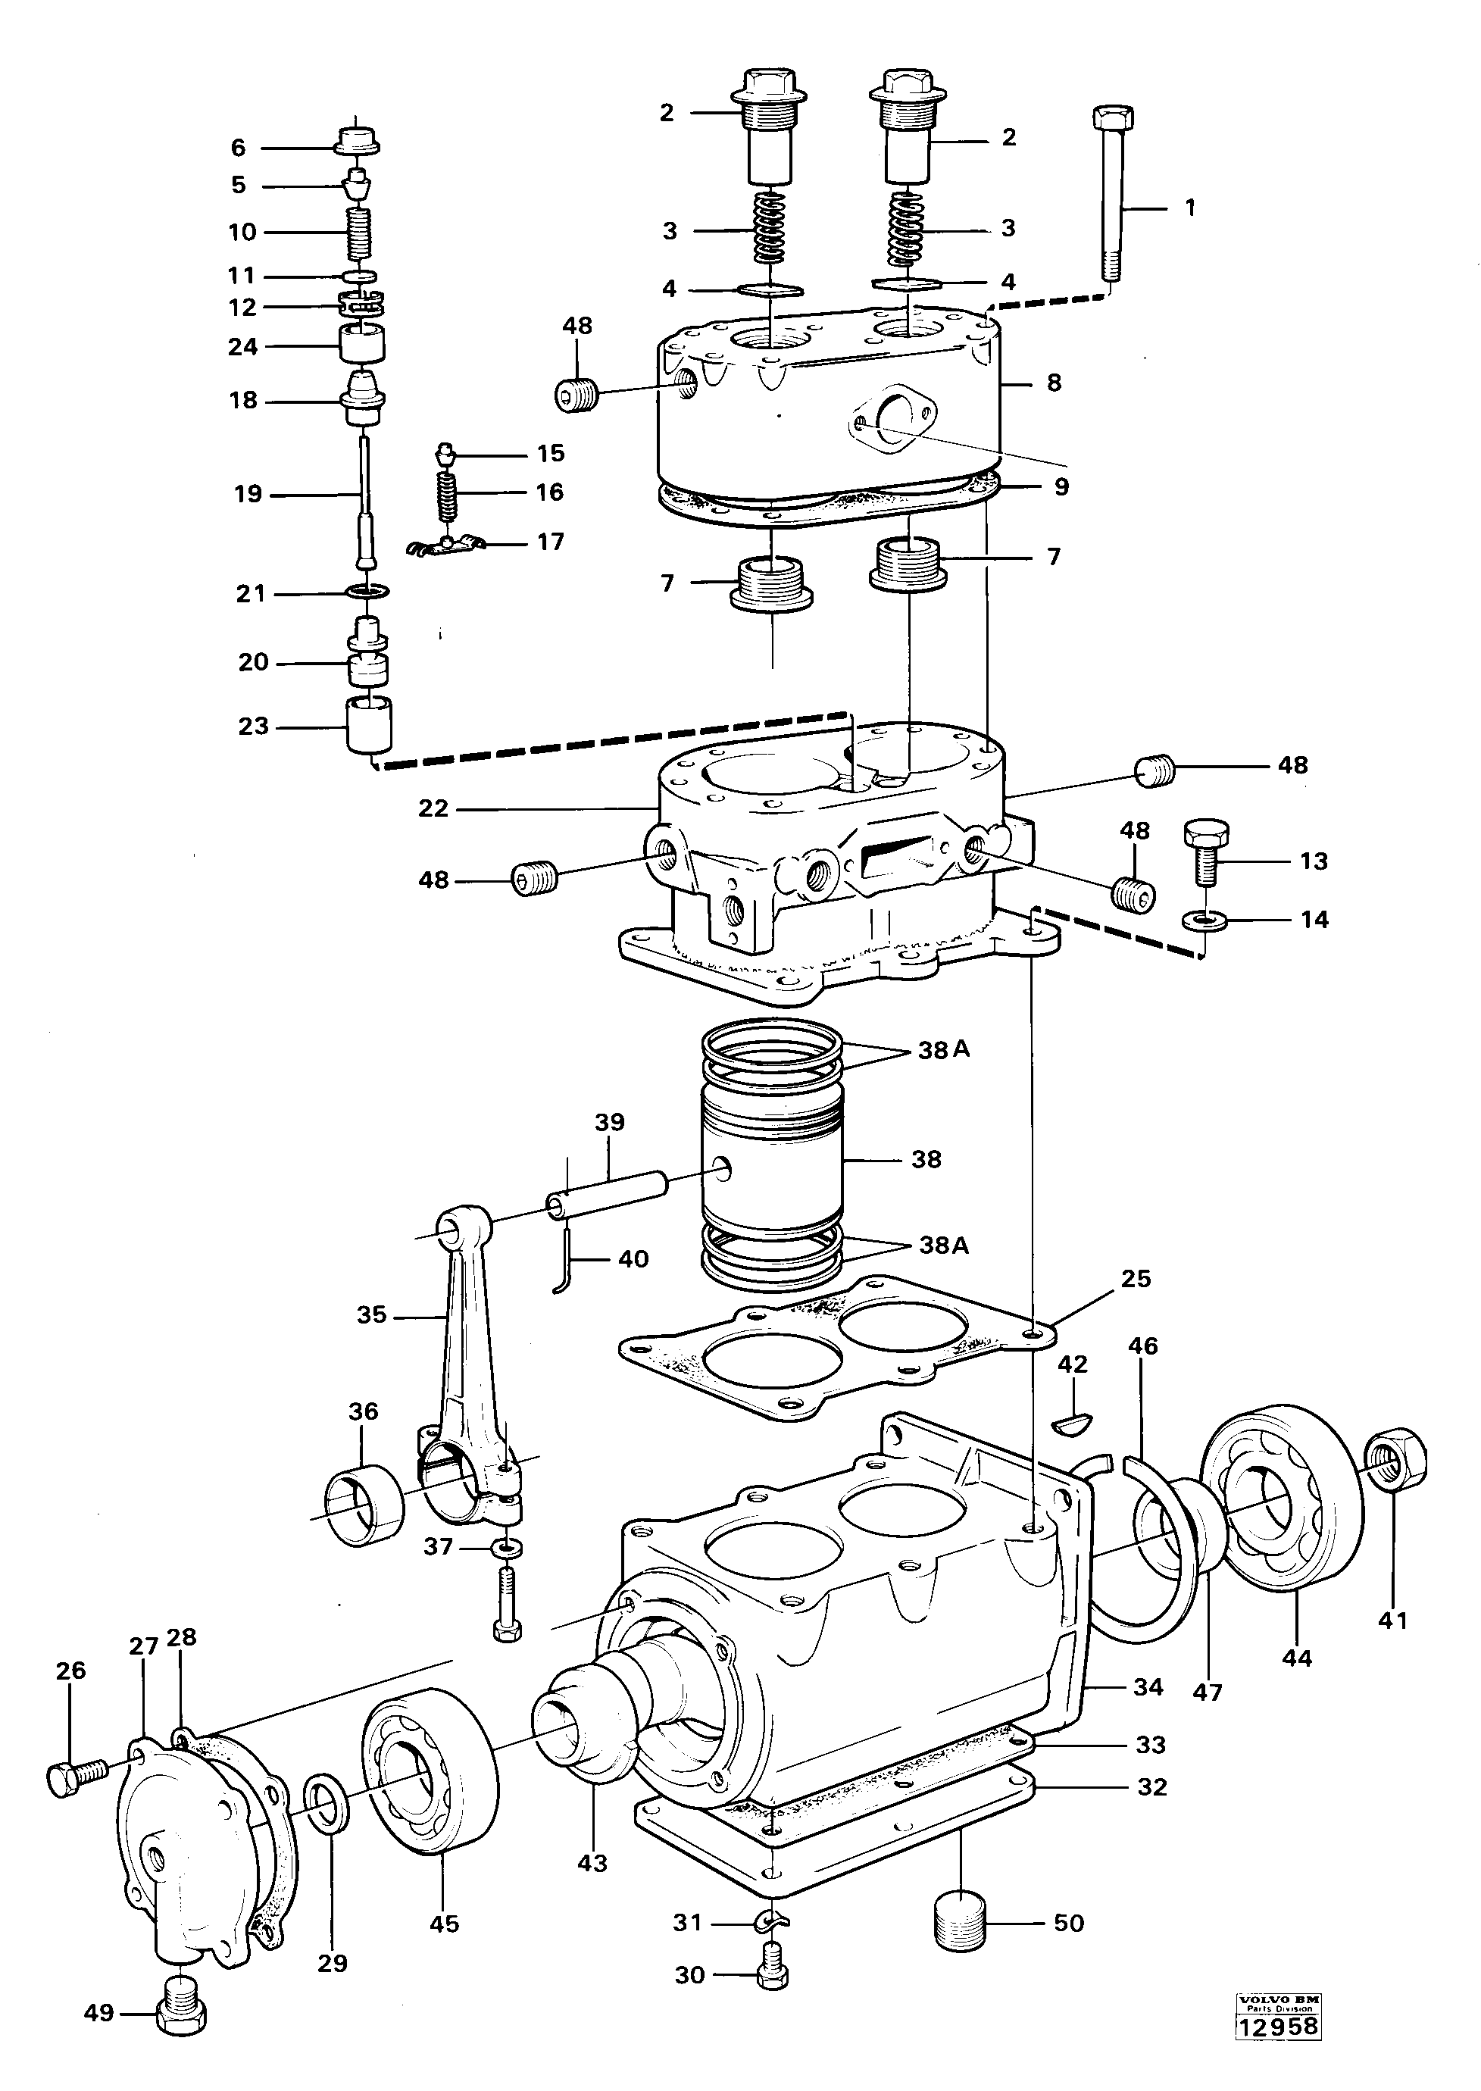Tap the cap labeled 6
(x=357, y=143)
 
